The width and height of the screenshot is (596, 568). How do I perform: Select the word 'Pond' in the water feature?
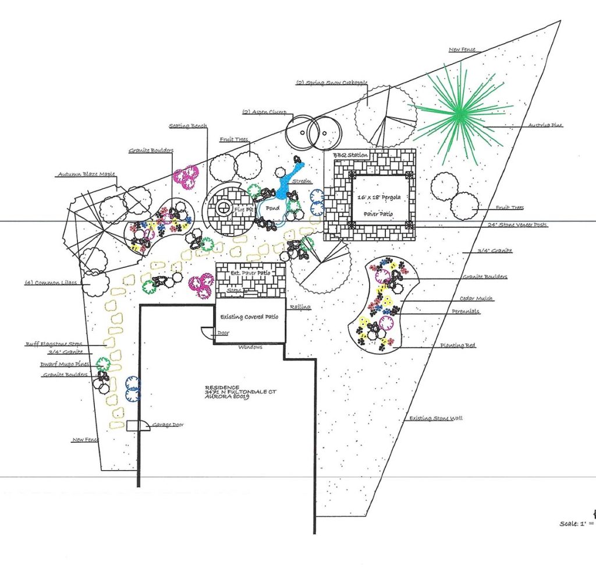click(x=272, y=209)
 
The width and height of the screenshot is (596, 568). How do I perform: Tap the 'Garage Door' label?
click(x=168, y=425)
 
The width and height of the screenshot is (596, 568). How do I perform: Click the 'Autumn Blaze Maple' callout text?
click(x=86, y=174)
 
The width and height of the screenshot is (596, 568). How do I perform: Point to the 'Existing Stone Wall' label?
click(x=436, y=418)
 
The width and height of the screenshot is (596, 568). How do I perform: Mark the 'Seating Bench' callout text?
click(x=189, y=125)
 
